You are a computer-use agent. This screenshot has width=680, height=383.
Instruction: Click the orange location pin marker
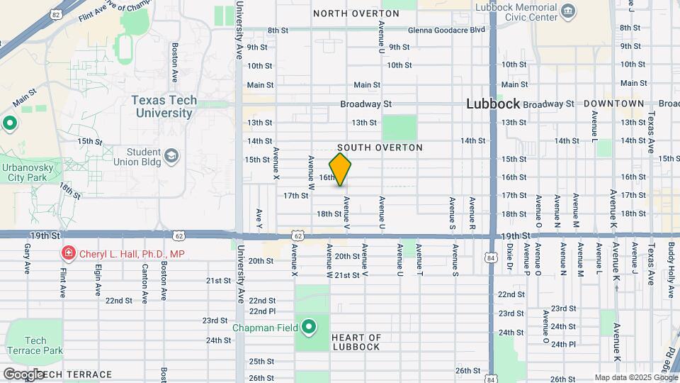[x=341, y=169]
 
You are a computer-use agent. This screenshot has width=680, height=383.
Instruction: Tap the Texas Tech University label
[x=164, y=106]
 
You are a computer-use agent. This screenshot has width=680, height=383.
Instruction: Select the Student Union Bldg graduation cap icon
[x=171, y=155]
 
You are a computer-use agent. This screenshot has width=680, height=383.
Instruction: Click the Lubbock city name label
[x=493, y=104]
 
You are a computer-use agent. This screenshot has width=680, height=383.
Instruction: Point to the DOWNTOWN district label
[x=613, y=104]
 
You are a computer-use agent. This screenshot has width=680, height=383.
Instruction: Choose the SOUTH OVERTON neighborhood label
[x=380, y=148]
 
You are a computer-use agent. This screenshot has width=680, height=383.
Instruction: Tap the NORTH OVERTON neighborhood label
[x=356, y=13]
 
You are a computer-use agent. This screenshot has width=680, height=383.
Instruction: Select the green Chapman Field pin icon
[x=309, y=328]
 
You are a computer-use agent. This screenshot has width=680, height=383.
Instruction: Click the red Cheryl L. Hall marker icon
[x=68, y=253]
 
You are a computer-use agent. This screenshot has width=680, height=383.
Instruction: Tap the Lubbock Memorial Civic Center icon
[x=567, y=11]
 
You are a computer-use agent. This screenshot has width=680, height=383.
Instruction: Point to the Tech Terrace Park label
[x=35, y=345]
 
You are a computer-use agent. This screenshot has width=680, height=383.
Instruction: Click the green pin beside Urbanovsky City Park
[x=9, y=123]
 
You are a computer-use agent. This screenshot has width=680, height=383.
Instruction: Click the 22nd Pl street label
[x=262, y=311]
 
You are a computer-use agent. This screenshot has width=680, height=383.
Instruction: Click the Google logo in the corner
[x=23, y=374]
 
